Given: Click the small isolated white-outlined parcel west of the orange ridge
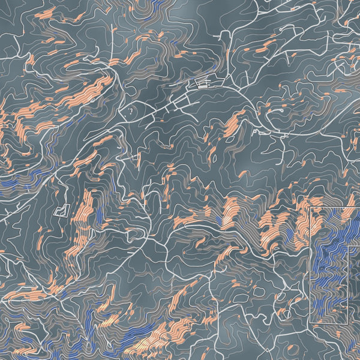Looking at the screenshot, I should tap(62, 210).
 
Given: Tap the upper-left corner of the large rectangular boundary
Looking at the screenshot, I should tap(310, 208).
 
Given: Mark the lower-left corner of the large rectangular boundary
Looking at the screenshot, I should tap(310, 325).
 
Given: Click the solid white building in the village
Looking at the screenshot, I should tap(203, 86).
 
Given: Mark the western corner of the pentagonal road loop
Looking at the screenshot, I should tap(121, 112).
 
